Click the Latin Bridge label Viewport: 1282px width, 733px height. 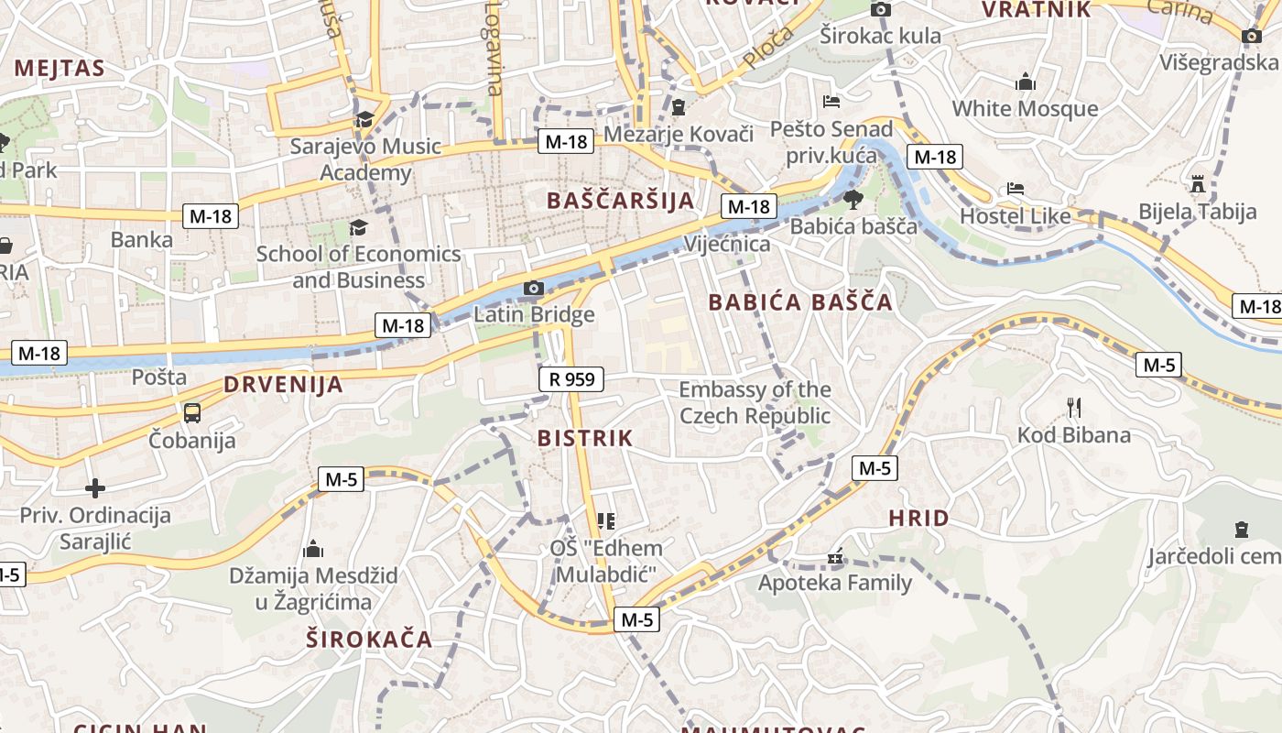[534, 315]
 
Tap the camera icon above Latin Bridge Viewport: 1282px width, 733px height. [534, 289]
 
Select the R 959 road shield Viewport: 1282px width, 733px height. [571, 377]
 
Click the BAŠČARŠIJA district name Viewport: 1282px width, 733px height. [620, 200]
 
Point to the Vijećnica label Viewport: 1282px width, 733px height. [728, 245]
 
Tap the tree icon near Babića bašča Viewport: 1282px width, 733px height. [853, 199]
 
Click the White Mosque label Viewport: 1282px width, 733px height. [1025, 108]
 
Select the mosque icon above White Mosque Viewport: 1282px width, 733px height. [1026, 82]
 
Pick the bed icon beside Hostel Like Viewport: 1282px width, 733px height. [1016, 189]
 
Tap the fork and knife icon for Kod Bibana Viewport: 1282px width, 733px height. [1074, 407]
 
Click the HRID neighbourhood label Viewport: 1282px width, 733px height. [918, 519]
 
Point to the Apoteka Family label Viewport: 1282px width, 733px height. [834, 583]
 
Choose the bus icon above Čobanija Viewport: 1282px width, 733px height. [192, 412]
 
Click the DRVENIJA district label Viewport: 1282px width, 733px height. [283, 385]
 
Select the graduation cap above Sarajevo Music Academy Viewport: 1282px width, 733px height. [364, 119]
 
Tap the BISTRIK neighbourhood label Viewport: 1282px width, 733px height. [585, 438]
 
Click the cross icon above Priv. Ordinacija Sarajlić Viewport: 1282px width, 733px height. [95, 487]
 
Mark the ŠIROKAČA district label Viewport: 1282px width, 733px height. [369, 639]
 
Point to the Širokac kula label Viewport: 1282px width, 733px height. [880, 36]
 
